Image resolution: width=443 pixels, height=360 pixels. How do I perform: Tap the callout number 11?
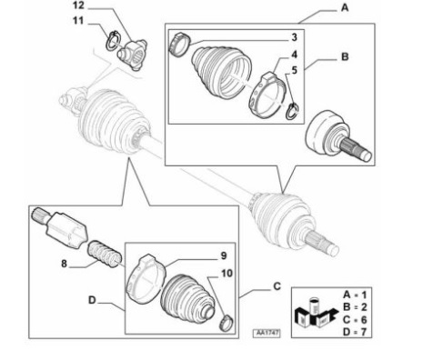(x=78, y=21)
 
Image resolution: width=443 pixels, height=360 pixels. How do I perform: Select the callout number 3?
(x=294, y=37)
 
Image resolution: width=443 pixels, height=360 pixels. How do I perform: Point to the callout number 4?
(x=294, y=55)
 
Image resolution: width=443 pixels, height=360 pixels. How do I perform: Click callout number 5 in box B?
(x=294, y=70)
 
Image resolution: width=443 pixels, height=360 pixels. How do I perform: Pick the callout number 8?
(x=64, y=264)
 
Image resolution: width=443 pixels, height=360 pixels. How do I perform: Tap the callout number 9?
(x=224, y=255)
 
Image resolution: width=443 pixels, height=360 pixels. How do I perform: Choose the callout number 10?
(x=227, y=274)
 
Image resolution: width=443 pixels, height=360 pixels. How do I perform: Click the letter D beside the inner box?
(x=92, y=300)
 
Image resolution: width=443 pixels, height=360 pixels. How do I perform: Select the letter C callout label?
(x=277, y=286)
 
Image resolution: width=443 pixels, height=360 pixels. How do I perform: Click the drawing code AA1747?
(x=267, y=333)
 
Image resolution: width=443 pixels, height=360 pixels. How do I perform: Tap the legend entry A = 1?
(x=355, y=295)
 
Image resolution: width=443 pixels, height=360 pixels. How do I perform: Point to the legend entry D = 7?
(x=355, y=332)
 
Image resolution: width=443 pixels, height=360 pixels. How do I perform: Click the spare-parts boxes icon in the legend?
(x=316, y=314)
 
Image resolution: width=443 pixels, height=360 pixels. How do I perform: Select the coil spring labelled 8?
(x=105, y=254)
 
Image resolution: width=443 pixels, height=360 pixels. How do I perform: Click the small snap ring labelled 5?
(x=292, y=111)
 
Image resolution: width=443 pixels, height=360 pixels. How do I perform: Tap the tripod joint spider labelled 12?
(x=132, y=54)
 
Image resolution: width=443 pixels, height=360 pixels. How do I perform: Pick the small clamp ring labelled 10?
(x=227, y=323)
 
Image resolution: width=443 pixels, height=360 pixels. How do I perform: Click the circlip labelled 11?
(x=114, y=40)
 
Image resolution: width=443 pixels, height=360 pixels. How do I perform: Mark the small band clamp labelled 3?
(x=179, y=45)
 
